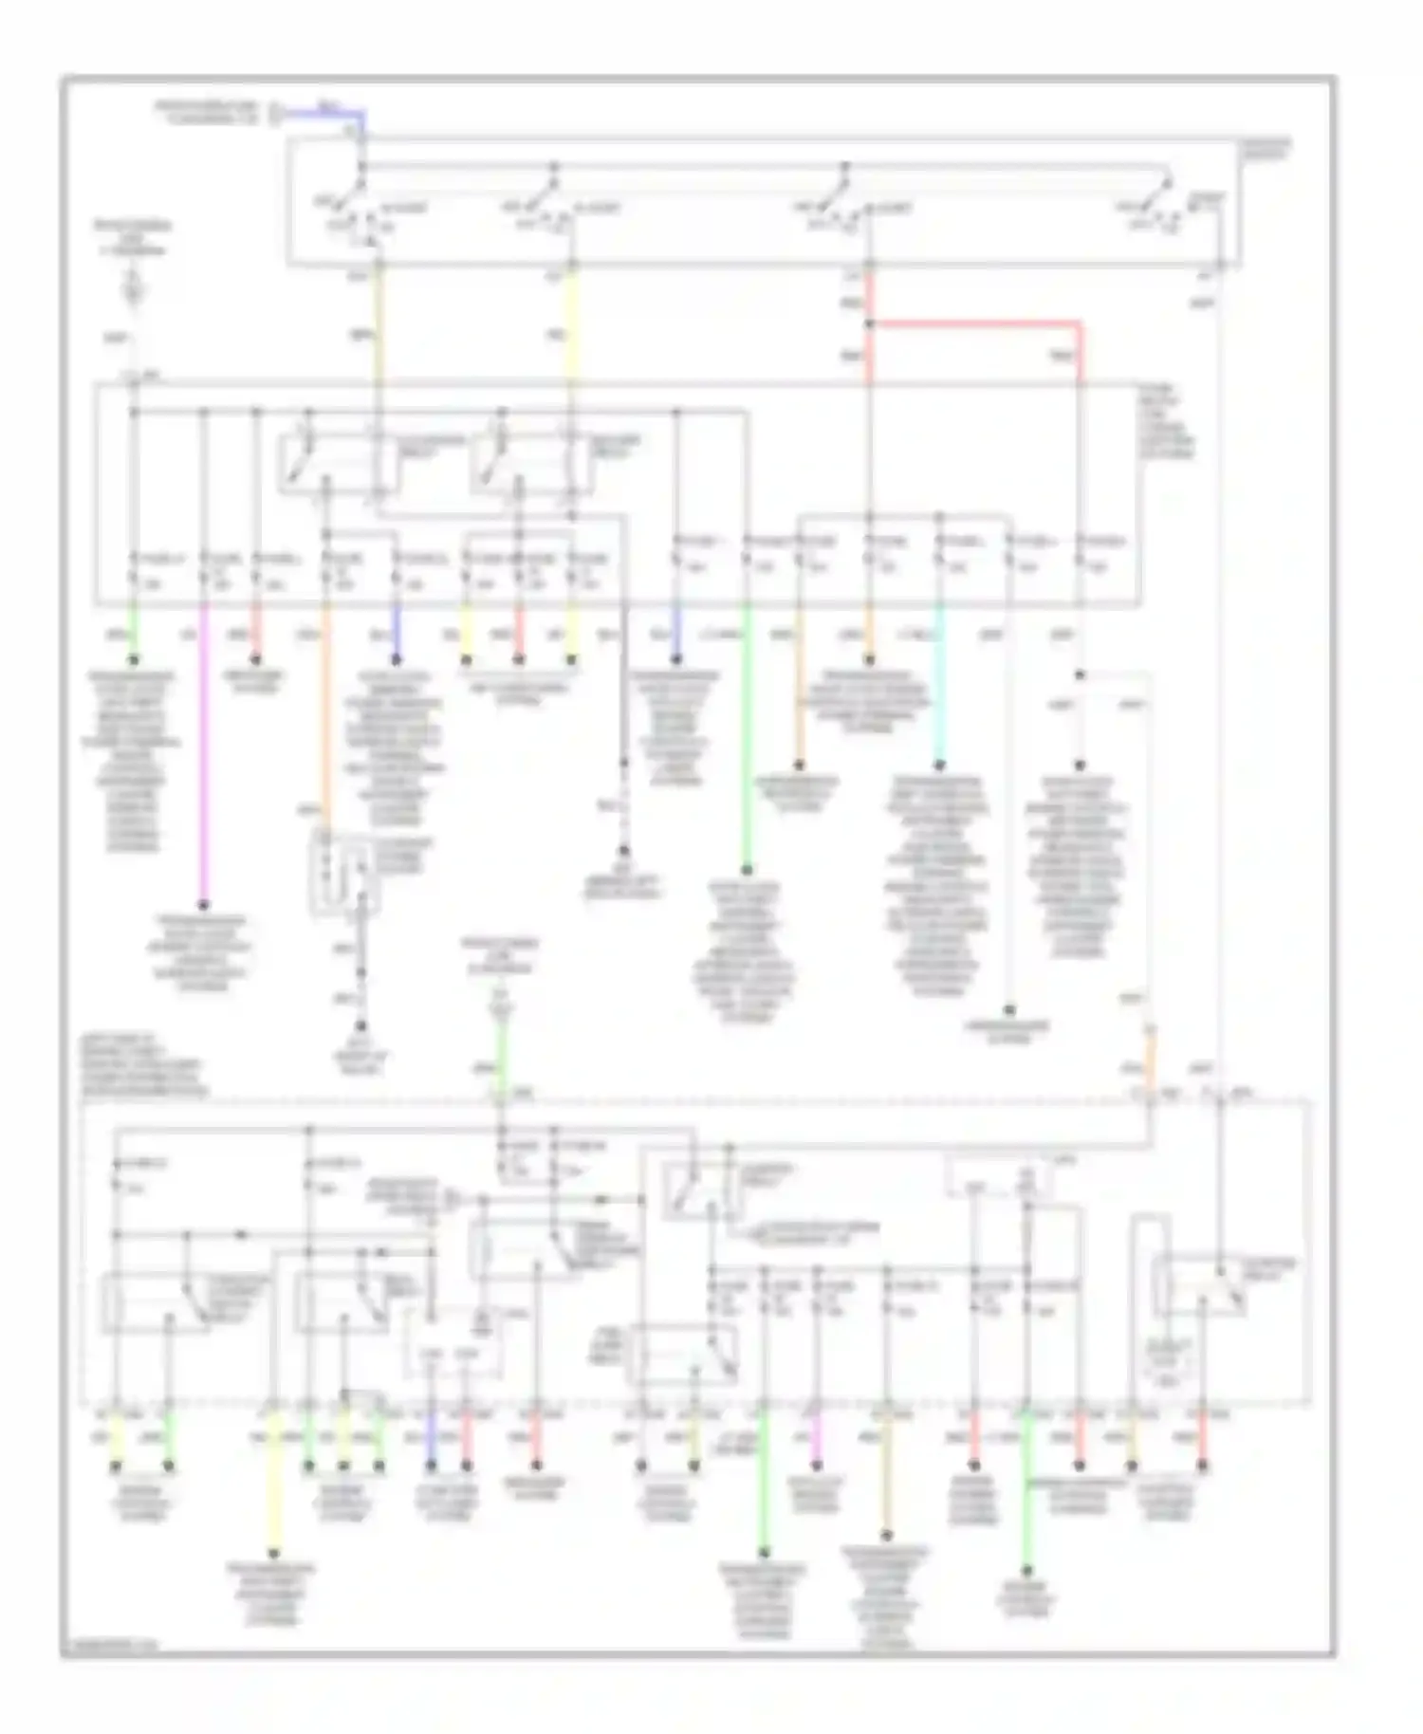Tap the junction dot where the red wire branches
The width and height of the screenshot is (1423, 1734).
pos(869,324)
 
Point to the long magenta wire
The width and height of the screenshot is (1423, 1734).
pos(203,759)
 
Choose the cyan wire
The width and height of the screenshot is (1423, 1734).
pos(939,692)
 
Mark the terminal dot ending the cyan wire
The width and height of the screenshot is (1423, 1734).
pos(939,765)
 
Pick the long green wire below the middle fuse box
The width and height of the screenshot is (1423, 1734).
pos(747,740)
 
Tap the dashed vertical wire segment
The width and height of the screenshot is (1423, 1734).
pos(624,806)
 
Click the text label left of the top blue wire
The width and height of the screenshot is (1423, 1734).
pos(207,112)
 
